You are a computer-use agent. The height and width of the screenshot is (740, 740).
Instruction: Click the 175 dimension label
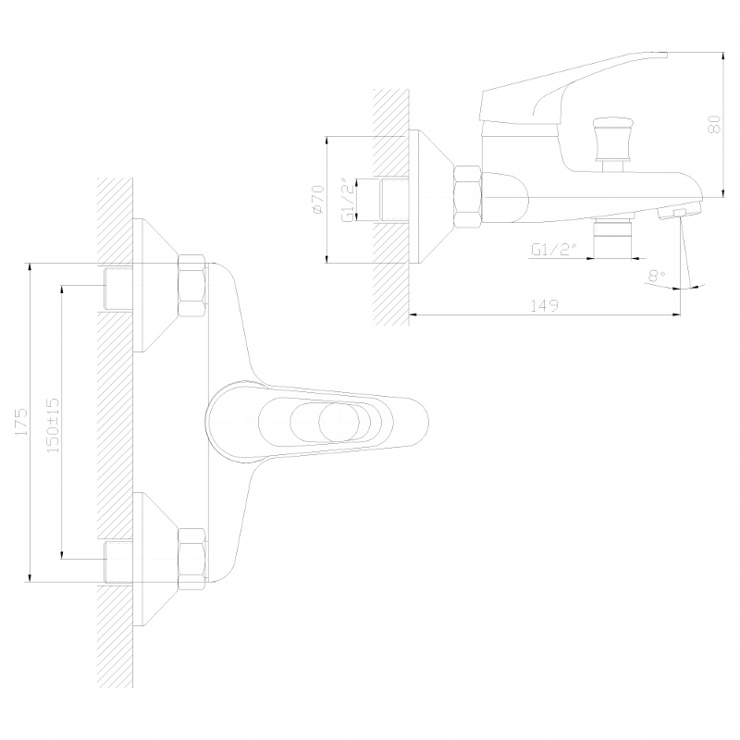[21, 423]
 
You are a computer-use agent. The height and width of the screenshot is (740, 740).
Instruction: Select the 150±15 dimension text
[53, 425]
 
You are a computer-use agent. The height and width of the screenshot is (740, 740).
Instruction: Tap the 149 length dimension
[545, 305]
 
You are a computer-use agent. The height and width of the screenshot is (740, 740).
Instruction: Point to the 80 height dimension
[714, 124]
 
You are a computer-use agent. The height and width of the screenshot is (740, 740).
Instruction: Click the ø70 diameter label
[317, 199]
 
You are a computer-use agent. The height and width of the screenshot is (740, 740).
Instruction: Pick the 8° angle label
[656, 275]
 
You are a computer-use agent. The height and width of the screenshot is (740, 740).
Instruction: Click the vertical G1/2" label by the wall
[347, 200]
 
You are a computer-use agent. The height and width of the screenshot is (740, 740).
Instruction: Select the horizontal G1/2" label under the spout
[554, 249]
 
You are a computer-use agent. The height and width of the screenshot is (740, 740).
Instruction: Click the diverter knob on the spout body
[610, 141]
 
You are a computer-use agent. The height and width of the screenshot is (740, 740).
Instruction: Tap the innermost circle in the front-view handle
[339, 422]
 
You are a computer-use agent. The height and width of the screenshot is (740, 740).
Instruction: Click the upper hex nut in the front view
[191, 286]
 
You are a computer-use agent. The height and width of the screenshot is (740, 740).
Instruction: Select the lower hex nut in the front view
[191, 560]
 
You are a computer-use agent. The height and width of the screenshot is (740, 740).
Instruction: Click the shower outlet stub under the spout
[611, 239]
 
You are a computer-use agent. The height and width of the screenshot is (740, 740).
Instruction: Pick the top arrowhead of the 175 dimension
[31, 266]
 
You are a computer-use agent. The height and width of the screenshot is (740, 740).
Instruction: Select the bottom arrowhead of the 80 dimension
[722, 192]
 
